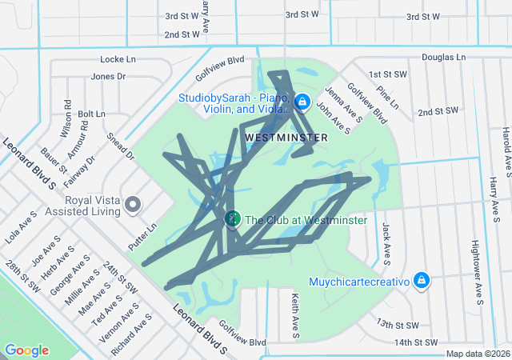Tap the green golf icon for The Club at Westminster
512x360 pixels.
(232, 218)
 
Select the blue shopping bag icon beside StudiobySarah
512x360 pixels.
(302, 102)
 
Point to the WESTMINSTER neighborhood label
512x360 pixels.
(286, 138)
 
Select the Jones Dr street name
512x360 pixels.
(108, 77)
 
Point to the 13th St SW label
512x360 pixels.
(398, 325)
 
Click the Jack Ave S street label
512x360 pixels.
(386, 243)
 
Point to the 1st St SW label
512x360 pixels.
(385, 74)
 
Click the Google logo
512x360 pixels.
(26, 350)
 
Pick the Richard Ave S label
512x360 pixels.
(131, 338)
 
